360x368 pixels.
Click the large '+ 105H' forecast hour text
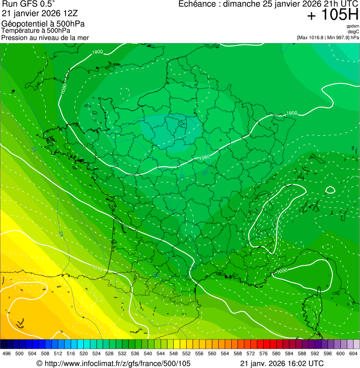(x=332, y=15)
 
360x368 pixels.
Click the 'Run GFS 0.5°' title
(x=29, y=4)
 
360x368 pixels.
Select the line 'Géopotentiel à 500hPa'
(x=43, y=23)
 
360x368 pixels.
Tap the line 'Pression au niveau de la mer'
(x=45, y=37)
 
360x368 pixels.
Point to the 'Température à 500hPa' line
(x=39, y=30)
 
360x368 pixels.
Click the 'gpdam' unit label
(x=353, y=26)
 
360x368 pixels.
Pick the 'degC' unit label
(x=353, y=32)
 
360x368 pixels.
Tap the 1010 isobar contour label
(x=97, y=268)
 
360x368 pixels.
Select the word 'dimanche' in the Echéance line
(x=242, y=4)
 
